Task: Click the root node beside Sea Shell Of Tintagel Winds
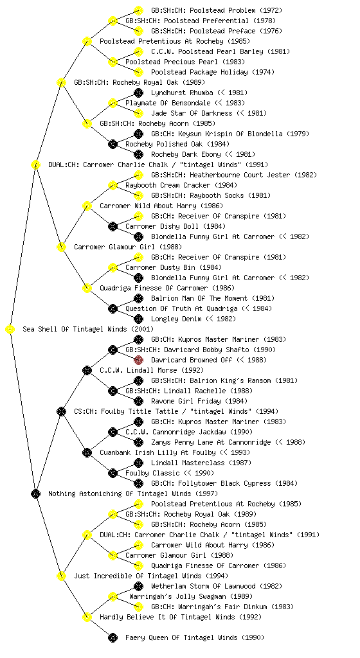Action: (x=10, y=330)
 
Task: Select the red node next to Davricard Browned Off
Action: (x=138, y=360)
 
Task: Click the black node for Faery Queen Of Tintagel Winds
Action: (x=113, y=638)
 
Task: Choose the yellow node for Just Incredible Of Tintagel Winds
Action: (x=61, y=576)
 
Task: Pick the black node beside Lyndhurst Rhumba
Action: (x=138, y=93)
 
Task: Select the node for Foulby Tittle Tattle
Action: (x=61, y=412)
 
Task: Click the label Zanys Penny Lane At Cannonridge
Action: (x=211, y=442)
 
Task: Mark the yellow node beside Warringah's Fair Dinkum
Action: (x=138, y=607)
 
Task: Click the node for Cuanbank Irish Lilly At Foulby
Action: (x=87, y=453)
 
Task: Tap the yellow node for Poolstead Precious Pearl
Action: (x=113, y=62)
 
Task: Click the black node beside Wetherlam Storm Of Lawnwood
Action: (x=138, y=586)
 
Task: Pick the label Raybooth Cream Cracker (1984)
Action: (x=181, y=186)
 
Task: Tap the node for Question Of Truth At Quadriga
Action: (x=113, y=309)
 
